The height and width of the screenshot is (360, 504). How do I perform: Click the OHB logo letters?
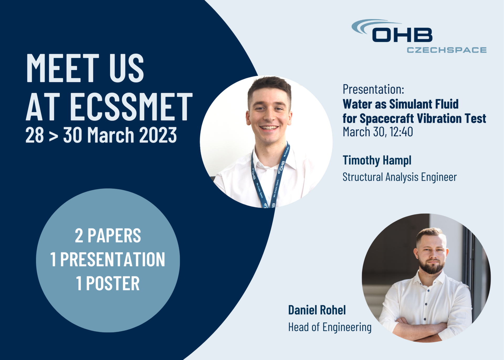coord(402,35)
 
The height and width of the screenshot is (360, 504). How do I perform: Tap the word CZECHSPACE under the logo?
coord(447,50)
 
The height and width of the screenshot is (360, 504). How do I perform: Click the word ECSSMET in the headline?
coord(131,107)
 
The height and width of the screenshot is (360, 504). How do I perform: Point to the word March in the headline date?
coord(111,135)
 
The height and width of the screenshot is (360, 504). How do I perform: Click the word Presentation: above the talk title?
coord(373,90)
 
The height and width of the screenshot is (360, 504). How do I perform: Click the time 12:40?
coord(401,132)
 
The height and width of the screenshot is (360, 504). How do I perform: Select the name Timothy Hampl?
coord(377,160)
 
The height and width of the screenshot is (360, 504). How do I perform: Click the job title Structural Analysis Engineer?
coord(400,177)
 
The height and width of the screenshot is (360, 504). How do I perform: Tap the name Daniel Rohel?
coord(317,310)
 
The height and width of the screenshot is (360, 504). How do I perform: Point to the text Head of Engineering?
coord(330,327)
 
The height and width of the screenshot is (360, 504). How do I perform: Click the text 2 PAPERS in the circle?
coord(108,236)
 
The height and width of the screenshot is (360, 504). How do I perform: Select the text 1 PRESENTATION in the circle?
coord(108,259)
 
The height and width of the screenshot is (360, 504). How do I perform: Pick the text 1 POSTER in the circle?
coord(108,283)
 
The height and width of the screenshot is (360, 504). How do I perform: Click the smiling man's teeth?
coord(269,128)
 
